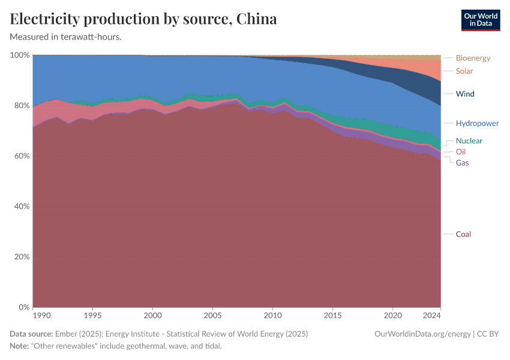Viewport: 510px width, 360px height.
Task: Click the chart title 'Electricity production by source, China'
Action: (x=143, y=19)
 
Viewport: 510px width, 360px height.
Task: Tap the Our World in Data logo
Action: (x=481, y=20)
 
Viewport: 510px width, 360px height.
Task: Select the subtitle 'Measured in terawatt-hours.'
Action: (x=66, y=37)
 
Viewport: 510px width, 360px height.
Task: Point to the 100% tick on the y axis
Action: (x=20, y=55)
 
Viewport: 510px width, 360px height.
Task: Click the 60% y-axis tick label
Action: (x=20, y=156)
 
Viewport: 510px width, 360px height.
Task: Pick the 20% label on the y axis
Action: (x=20, y=257)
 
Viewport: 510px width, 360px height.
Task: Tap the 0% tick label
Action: (x=22, y=307)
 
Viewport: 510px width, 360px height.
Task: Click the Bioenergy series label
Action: (x=473, y=58)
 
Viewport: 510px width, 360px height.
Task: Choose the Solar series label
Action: (x=464, y=71)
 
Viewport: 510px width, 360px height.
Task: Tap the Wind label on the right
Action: (x=465, y=94)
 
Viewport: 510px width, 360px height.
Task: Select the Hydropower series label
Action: (x=477, y=124)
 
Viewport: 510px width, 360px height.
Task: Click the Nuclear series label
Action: (x=469, y=141)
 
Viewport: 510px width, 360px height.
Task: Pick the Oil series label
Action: (x=461, y=152)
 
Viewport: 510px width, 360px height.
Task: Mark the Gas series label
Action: (x=462, y=163)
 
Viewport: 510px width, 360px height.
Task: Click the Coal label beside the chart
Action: (x=463, y=235)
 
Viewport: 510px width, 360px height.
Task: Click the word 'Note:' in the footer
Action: (x=20, y=346)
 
